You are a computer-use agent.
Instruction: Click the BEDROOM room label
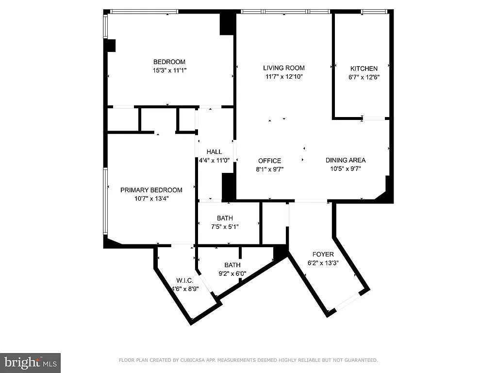tap(169, 62)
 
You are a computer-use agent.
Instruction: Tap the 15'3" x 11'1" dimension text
tap(169, 70)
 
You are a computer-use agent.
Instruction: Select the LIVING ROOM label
tap(284, 68)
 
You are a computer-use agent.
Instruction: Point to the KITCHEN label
tap(364, 68)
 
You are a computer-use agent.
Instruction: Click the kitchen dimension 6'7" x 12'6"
tap(364, 77)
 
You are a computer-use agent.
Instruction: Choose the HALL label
tap(214, 152)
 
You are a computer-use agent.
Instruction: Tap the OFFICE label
tap(269, 161)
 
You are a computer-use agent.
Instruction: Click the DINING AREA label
tap(345, 160)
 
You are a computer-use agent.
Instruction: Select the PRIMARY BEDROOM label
tap(151, 190)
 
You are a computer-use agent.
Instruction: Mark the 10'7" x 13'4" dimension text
tap(151, 198)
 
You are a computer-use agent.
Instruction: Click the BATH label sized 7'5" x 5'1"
tap(225, 218)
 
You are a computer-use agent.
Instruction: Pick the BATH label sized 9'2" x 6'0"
tap(232, 265)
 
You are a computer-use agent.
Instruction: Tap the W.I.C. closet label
tap(184, 281)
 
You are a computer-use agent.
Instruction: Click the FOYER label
tap(323, 254)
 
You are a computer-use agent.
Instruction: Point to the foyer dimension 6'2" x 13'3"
tap(323, 262)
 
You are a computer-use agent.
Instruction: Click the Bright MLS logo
tap(30, 362)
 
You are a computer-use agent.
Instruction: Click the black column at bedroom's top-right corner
tap(227, 23)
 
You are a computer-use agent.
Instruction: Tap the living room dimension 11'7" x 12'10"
tap(284, 77)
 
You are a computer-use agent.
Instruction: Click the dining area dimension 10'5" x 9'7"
tap(345, 169)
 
